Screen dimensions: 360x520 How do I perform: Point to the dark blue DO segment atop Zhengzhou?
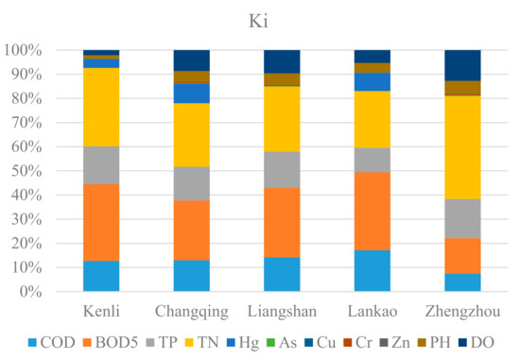462,65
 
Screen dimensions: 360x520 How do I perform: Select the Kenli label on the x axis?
101,311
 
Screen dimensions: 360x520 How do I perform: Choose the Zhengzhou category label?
462,311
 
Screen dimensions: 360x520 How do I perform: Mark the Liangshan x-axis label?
282,311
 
